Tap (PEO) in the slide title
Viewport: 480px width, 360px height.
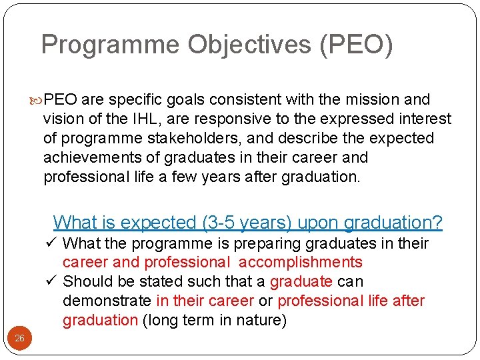coord(356,45)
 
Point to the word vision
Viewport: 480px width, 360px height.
coord(63,119)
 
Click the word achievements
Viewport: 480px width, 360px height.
coord(97,158)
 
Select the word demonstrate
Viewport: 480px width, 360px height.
coord(107,301)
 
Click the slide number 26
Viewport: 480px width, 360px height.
coord(20,339)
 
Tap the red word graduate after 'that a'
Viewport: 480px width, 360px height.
coord(301,282)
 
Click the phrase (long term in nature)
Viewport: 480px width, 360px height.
coord(215,321)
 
